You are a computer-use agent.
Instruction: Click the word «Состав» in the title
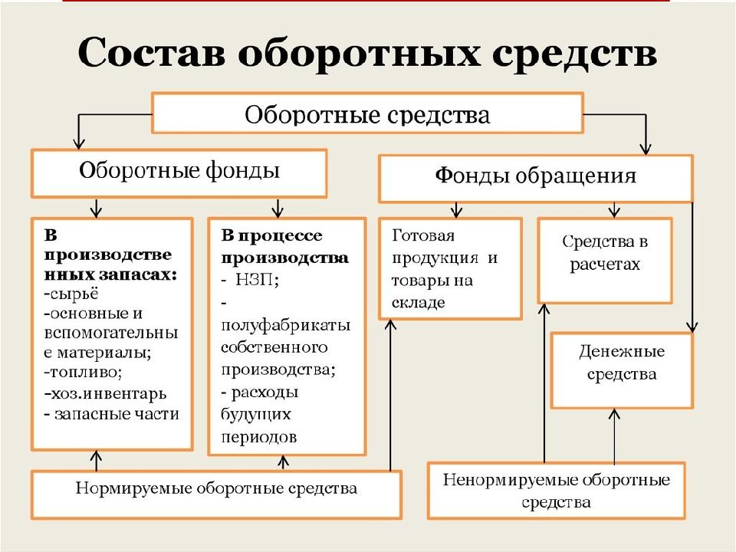pos(151,53)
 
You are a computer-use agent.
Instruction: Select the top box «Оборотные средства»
pos(367,113)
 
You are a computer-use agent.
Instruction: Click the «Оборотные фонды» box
pos(179,173)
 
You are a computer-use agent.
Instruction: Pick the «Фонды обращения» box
pos(536,179)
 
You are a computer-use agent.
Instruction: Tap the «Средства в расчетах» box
pos(605,261)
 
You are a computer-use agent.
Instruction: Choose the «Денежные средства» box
pos(622,370)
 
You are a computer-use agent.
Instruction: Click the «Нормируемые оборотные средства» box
pos(216,495)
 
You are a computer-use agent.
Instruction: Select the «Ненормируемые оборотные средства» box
pos(557,491)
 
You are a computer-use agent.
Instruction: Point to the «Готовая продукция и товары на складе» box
pos(451,268)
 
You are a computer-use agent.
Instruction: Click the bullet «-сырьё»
pos(71,294)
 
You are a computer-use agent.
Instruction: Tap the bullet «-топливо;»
pos(83,373)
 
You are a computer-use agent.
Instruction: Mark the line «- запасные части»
pos(112,414)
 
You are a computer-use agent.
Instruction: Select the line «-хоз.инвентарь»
pos(105,393)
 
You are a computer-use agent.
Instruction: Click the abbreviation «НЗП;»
pos(257,280)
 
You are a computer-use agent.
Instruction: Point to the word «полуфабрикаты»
pos(286,325)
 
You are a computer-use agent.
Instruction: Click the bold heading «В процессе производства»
pos(285,246)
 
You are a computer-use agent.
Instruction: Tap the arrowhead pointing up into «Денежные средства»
pos(614,414)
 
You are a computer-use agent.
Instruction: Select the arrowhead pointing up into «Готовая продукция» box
pos(390,325)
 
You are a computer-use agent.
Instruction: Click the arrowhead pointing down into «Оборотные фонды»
pos(79,143)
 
